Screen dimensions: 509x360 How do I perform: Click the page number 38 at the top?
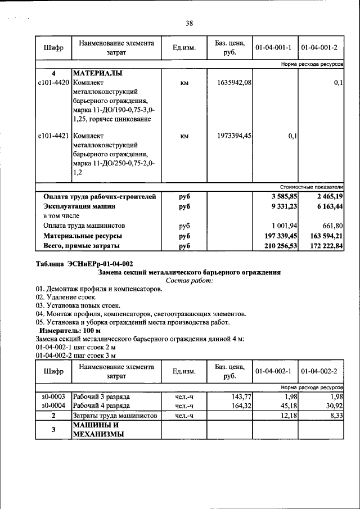[189, 23]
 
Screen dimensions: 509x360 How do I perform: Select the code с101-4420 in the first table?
[53, 83]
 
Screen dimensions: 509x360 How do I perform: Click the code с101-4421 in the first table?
[53, 136]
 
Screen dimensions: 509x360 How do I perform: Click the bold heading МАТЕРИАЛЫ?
[98, 74]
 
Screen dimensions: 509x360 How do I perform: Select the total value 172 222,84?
[323, 246]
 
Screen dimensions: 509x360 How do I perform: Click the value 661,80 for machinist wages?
[331, 226]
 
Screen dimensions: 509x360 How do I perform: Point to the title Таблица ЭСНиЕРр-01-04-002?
[84, 263]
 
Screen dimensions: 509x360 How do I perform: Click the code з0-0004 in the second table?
[53, 405]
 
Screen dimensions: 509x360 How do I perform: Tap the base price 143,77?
[240, 396]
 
